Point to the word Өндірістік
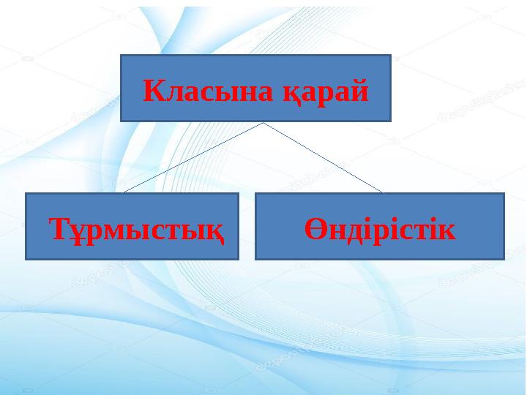coord(380,229)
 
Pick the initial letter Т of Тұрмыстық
coord(58,230)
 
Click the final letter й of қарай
coord(359,91)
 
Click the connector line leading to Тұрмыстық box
coord(193,157)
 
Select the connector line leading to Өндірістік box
coord(323,157)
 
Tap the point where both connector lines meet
coord(263,122)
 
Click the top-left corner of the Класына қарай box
coord(121,55)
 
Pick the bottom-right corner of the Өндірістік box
coord(504,259)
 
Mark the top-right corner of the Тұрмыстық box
coord(239,194)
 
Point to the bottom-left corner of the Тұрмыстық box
coord(26,260)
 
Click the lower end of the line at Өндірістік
coord(381,192)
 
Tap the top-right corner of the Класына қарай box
coord(391,55)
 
